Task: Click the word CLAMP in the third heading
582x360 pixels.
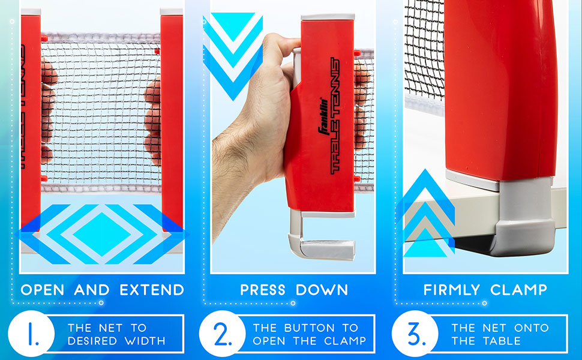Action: pyautogui.click(x=519, y=290)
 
